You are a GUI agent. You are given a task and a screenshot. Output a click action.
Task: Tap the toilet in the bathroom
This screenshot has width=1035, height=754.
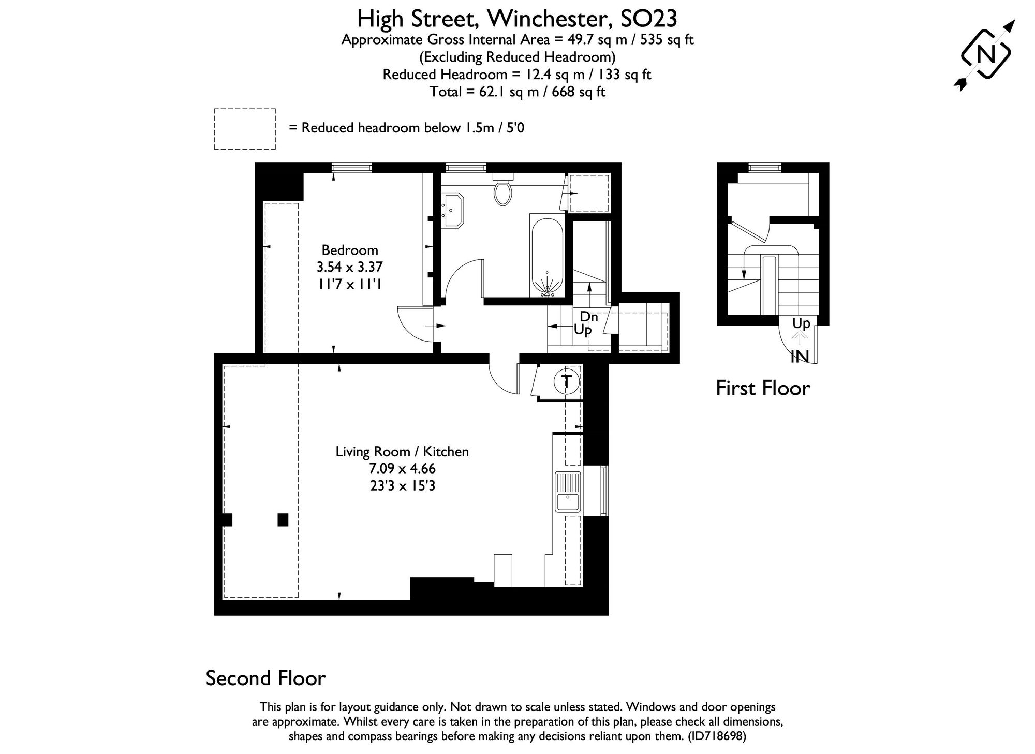point(502,191)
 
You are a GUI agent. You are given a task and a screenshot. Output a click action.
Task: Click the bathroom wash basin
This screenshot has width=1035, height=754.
point(453,210)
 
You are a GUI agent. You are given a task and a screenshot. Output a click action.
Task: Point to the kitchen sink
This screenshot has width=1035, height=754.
point(568,492)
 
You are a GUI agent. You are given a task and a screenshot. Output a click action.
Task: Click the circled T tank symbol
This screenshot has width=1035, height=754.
point(567,381)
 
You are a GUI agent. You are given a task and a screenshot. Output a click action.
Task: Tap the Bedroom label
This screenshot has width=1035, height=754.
point(350,250)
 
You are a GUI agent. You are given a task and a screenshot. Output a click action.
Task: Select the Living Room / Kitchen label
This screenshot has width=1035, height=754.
point(402,452)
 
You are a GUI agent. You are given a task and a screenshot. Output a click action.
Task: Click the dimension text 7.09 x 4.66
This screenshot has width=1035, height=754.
point(402,469)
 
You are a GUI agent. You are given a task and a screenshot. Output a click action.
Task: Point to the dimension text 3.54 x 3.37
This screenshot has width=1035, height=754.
point(350,267)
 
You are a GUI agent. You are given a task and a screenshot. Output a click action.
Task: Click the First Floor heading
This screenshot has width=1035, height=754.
point(762,388)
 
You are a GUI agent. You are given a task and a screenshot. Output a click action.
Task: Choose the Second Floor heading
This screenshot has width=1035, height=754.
point(265,678)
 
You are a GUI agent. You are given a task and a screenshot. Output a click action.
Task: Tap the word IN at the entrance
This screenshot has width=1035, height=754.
point(800,357)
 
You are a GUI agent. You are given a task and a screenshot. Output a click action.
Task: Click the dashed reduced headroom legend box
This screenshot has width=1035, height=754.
point(245,129)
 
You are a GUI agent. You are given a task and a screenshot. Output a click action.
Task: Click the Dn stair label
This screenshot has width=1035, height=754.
point(589,317)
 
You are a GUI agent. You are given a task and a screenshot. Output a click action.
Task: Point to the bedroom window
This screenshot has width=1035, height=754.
point(352,168)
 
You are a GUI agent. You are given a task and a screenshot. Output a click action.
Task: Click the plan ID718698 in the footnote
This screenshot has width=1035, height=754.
point(717,736)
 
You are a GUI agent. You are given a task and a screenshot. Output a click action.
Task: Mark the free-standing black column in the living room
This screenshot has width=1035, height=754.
point(283,520)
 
